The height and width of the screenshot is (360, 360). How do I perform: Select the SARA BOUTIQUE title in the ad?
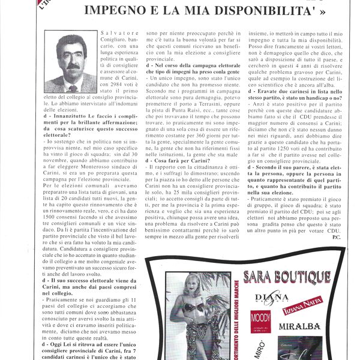point(287,277)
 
